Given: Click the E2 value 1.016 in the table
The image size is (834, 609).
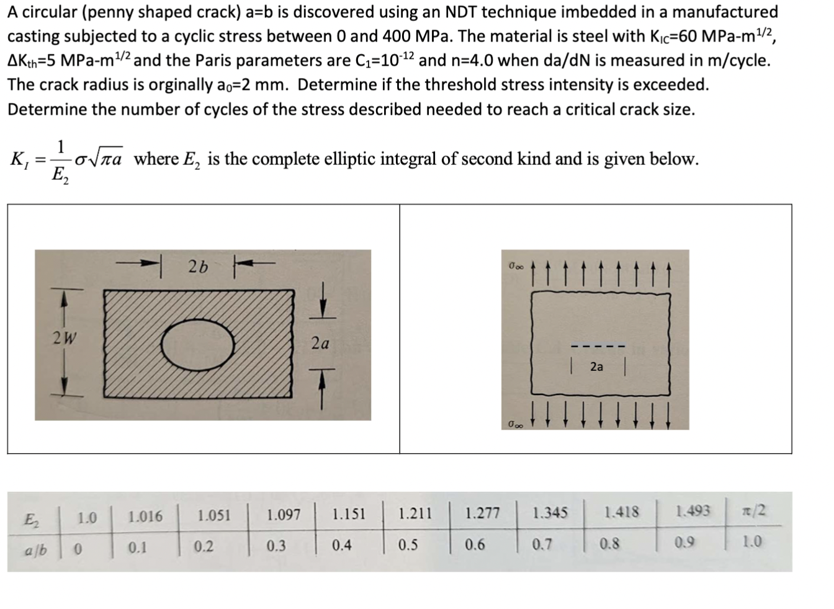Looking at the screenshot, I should [x=145, y=516].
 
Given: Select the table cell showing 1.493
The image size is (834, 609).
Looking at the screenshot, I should [x=694, y=511].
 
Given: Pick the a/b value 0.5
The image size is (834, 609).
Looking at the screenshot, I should [x=408, y=545].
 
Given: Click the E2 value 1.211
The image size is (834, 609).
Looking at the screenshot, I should [x=415, y=513].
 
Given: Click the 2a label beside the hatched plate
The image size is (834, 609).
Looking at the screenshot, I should [x=320, y=342].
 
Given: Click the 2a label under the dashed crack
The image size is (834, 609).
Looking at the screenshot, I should [x=596, y=367].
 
